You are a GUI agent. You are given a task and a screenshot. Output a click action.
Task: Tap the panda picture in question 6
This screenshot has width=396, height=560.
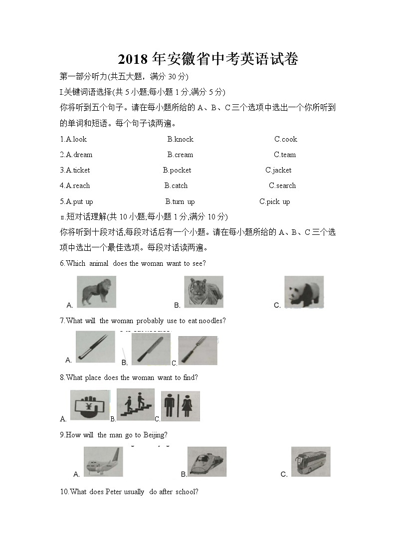click(x=304, y=292)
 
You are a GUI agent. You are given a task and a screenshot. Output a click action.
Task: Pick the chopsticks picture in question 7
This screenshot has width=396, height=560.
click(x=95, y=347)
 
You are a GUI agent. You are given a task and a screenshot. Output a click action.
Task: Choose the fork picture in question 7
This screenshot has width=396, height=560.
click(x=198, y=351)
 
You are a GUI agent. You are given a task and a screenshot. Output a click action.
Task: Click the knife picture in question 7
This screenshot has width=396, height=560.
click(x=151, y=349)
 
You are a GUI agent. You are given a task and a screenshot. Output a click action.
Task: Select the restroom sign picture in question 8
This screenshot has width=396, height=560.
click(x=180, y=406)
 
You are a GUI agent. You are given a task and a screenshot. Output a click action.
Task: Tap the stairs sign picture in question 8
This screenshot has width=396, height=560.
click(x=136, y=404)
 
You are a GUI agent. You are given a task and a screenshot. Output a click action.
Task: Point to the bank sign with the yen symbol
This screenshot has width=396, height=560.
click(x=90, y=405)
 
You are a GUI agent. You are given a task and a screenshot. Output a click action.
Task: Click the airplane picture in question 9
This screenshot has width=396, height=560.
click(x=103, y=462)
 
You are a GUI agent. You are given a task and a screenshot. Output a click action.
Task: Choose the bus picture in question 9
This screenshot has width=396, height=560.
click(x=311, y=462)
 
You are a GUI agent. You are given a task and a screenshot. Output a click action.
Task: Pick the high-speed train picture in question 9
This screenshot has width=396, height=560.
click(x=207, y=462)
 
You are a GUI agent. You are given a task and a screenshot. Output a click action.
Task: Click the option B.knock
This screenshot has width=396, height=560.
click(x=180, y=139)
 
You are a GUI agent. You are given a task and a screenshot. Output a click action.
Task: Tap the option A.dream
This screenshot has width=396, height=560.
click(x=76, y=155)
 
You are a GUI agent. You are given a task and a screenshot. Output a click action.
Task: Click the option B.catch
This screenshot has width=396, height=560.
click(x=176, y=186)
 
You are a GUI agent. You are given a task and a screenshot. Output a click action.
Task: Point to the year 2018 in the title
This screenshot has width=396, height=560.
click(x=133, y=60)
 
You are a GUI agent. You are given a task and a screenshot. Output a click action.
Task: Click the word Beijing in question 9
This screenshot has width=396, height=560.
click(x=154, y=435)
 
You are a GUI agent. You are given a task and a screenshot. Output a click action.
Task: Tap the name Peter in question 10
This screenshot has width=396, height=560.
click(x=114, y=492)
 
